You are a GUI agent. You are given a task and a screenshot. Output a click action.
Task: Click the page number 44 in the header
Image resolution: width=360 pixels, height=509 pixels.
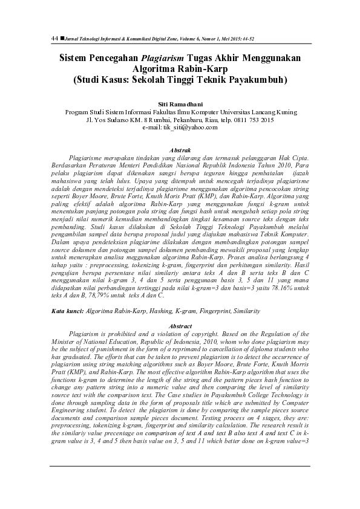(x=54, y=37)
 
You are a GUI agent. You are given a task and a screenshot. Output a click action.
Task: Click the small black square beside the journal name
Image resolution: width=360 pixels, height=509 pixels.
(x=62, y=37)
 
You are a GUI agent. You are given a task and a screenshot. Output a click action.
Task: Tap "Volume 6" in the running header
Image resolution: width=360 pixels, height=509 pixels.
(x=197, y=38)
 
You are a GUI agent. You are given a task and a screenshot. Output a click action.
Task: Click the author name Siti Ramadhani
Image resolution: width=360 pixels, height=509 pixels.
(x=179, y=105)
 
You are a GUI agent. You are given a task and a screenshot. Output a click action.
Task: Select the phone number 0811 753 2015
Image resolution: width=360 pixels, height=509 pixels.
(x=249, y=120)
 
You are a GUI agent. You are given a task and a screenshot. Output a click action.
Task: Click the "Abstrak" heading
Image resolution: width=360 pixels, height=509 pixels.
(x=179, y=149)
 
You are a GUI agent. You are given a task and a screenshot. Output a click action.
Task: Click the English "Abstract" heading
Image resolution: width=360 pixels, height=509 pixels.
(x=180, y=326)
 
